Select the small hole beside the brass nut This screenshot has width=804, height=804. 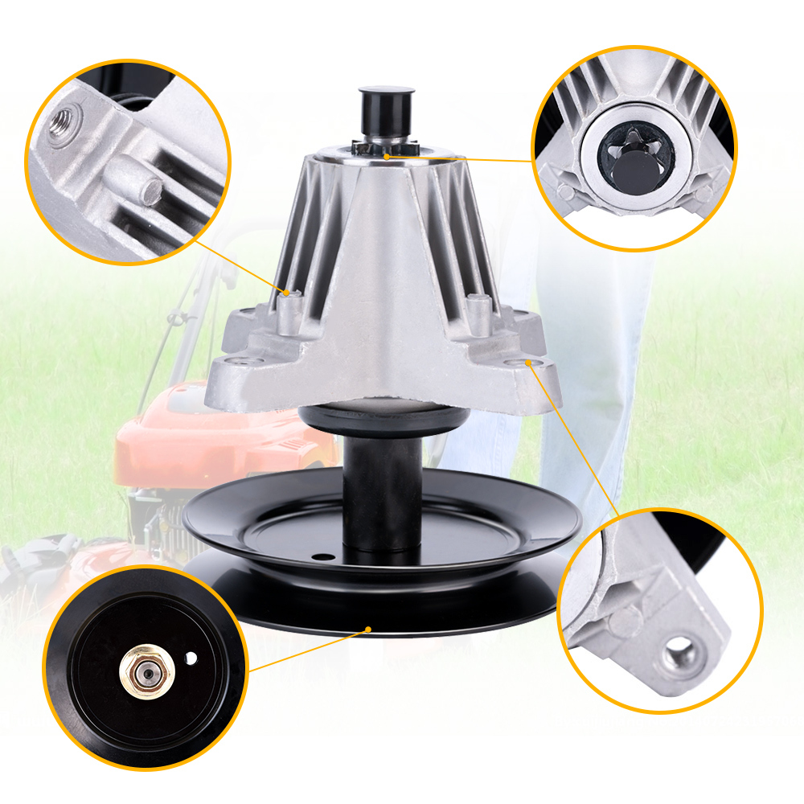[191, 658]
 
